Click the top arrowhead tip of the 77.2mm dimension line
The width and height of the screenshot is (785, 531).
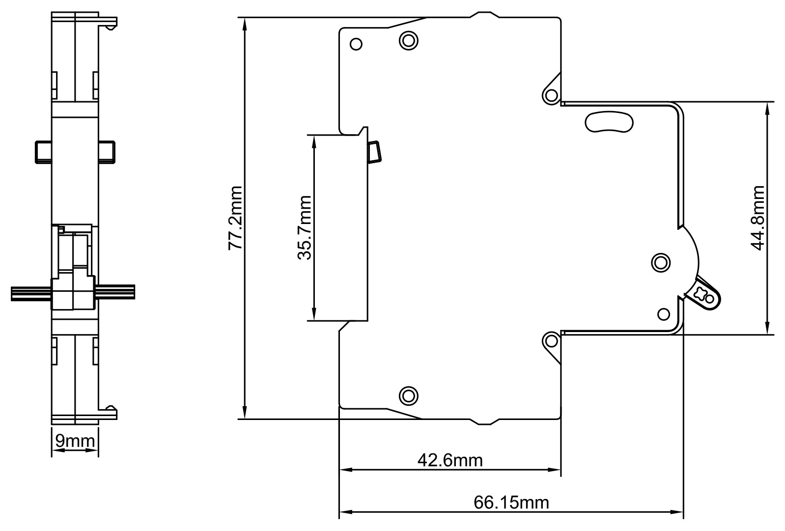245,18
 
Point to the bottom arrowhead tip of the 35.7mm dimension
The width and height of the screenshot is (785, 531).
314,320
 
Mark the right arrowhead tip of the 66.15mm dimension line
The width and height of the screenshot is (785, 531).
683,512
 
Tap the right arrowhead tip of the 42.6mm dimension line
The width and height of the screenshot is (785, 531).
561,470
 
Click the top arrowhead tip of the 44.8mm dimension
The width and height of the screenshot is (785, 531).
767,102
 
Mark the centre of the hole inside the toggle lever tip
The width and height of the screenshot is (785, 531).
709,299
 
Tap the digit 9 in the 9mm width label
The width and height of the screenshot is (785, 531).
60,441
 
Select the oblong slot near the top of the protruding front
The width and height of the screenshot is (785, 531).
609,122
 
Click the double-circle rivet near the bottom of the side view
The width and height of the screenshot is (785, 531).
408,396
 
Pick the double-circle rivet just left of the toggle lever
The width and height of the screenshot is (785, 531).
661,262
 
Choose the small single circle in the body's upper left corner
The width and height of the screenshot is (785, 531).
356,44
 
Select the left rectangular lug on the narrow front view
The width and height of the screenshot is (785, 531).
43,152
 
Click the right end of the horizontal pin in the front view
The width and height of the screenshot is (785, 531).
135,292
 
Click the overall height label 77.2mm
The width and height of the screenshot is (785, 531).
235,218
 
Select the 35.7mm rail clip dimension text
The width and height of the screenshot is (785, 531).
304,228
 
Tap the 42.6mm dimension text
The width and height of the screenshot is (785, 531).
450,460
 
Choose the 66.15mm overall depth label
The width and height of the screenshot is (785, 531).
511,502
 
